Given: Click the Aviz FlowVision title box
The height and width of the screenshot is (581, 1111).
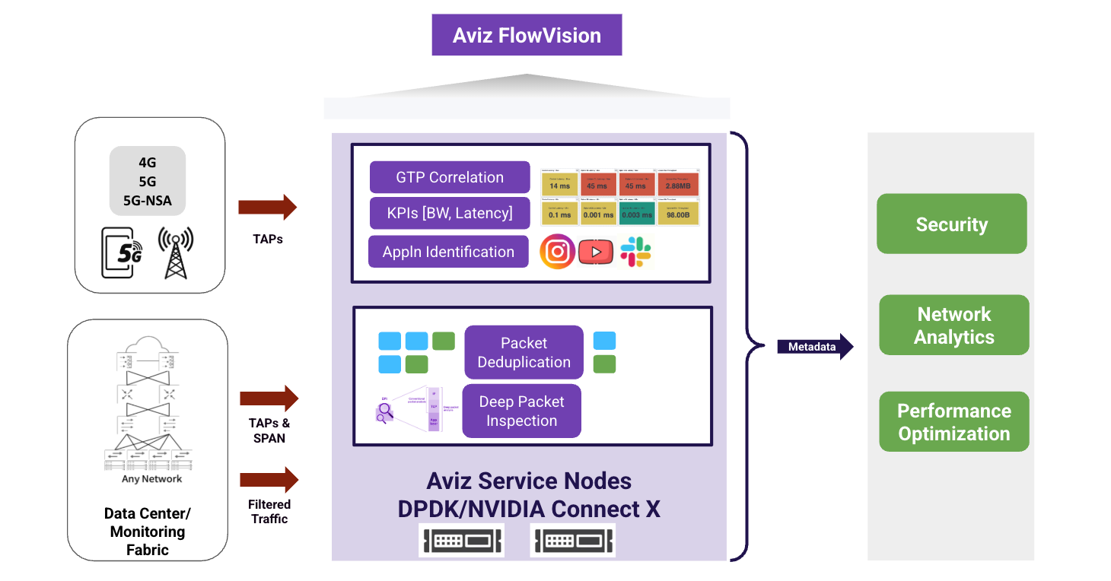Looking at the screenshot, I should (x=527, y=35).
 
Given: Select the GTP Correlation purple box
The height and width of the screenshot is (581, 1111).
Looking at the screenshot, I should (x=449, y=177).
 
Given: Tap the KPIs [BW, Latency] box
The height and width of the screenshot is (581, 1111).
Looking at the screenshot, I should (x=449, y=214).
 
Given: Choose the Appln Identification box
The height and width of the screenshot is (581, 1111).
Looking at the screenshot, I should (x=448, y=252).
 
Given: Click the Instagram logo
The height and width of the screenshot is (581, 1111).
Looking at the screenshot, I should (x=557, y=252).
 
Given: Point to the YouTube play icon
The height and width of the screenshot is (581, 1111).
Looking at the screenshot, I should (x=596, y=252).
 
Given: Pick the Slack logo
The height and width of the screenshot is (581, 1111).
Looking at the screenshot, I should (x=635, y=252).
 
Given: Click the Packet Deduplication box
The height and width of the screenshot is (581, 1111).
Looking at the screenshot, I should (x=524, y=352).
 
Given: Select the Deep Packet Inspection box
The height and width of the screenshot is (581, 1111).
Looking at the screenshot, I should (x=521, y=411).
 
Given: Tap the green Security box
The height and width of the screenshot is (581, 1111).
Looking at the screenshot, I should (x=951, y=224).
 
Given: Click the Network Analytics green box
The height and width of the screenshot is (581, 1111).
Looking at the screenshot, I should (x=953, y=325).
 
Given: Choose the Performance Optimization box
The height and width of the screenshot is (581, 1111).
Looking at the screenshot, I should (x=953, y=422).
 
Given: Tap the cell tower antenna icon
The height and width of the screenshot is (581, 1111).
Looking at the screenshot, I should (x=175, y=252).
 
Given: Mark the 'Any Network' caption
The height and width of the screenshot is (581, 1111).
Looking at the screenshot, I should (x=151, y=479).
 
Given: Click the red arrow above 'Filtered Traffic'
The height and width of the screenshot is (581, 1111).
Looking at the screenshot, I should (x=269, y=480).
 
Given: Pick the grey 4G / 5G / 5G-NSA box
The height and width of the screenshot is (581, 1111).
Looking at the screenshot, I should (x=148, y=182).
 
